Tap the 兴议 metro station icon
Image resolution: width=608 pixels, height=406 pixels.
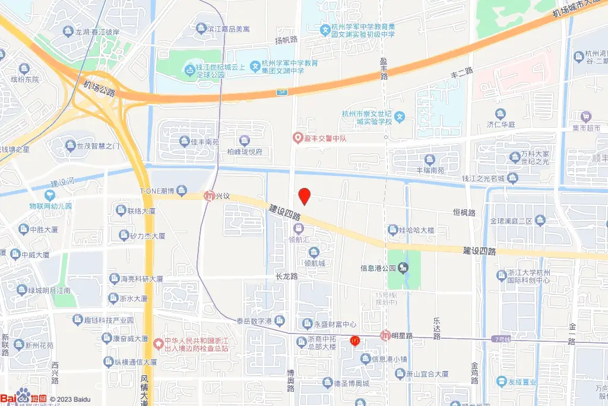pos(209,196)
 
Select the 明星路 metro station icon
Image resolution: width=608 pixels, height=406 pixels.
pos(385,335)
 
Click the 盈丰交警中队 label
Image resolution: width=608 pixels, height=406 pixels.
pos(326,138)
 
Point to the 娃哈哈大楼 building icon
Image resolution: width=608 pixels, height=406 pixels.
pos(392,229)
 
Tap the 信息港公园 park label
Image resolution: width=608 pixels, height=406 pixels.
pos(378,268)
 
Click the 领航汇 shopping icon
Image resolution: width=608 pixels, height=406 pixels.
pos(299,229)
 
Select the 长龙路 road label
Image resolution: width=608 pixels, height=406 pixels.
pos(286,276)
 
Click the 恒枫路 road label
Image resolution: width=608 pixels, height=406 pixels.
pos(464,212)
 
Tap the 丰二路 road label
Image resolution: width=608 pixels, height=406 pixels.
pos(461,71)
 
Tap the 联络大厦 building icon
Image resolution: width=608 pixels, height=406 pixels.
pos(121,211)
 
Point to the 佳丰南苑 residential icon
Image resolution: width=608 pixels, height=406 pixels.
pos(184,141)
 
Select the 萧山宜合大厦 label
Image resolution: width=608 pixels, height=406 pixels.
pos(429,374)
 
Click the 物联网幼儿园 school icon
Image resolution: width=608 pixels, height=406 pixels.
pos(50,195)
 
